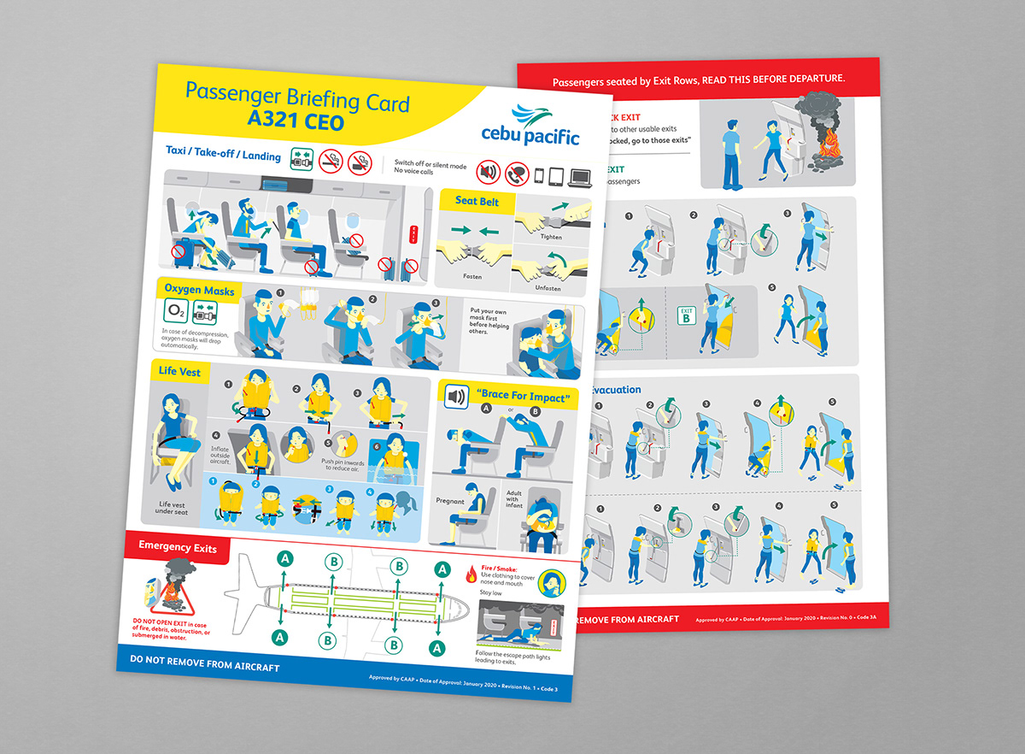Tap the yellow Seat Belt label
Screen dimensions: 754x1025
(x=477, y=202)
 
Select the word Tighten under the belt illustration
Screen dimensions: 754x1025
(x=551, y=237)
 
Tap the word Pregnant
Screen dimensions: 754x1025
(x=449, y=500)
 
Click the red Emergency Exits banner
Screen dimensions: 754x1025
(x=178, y=546)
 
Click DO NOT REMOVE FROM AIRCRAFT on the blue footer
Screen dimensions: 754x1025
(x=204, y=666)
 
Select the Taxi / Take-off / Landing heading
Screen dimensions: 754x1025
(x=224, y=151)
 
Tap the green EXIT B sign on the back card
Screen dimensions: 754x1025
(x=686, y=315)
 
